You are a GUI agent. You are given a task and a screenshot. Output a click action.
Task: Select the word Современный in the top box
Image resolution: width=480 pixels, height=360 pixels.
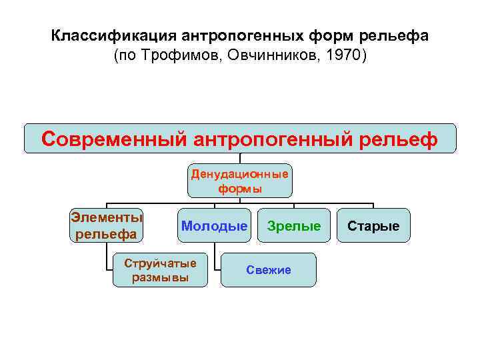pos(113,139)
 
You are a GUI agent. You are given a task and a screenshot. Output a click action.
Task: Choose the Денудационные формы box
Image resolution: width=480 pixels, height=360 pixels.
pos(239,181)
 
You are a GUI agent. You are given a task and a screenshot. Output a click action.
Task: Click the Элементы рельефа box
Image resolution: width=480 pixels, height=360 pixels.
pos(107,225)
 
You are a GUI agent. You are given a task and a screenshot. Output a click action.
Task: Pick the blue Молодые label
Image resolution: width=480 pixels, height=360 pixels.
pos(214,226)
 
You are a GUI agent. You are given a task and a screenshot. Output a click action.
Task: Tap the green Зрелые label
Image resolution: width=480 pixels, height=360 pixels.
pos(294,226)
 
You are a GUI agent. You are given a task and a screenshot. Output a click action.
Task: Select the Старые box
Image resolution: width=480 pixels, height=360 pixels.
pos(373,226)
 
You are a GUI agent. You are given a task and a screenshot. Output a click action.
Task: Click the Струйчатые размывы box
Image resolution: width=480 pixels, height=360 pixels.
pos(160,270)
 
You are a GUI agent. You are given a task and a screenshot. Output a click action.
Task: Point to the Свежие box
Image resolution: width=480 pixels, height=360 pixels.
pos(269,270)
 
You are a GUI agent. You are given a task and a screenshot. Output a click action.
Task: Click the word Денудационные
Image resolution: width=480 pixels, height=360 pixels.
pos(239,175)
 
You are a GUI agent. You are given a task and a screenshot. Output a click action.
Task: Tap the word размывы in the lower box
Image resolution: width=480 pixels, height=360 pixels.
pos(160,277)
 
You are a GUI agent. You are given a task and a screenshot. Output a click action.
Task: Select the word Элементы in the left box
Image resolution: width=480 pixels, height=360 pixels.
pos(107,217)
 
